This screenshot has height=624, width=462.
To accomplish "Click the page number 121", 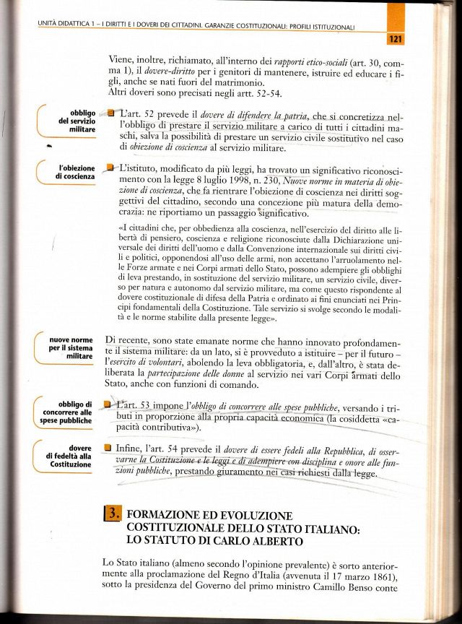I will (395, 39).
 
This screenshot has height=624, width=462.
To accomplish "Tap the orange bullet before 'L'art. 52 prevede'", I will (111, 113).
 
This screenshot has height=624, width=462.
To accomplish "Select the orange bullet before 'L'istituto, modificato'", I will (110, 168).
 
